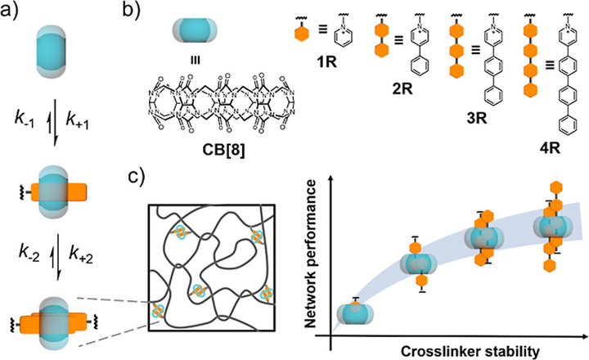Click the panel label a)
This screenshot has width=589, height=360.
pyautogui.click(x=16, y=14)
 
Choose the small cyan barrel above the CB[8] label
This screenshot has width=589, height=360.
pyautogui.click(x=191, y=32)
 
